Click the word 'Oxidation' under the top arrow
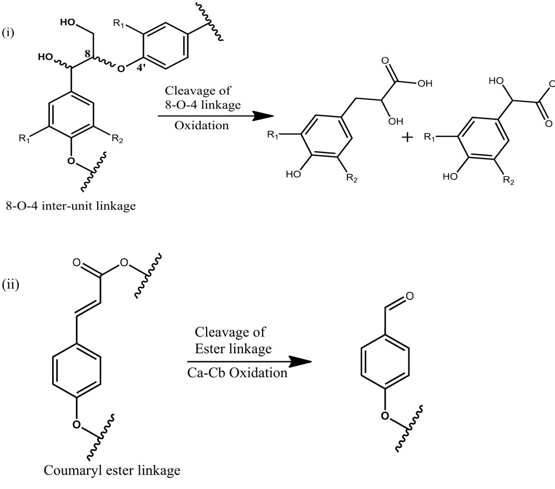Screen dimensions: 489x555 pyautogui.click(x=201, y=125)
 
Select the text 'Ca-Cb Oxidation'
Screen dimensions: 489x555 pyautogui.click(x=236, y=373)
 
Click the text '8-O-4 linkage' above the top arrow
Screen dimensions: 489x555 pyautogui.click(x=201, y=104)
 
